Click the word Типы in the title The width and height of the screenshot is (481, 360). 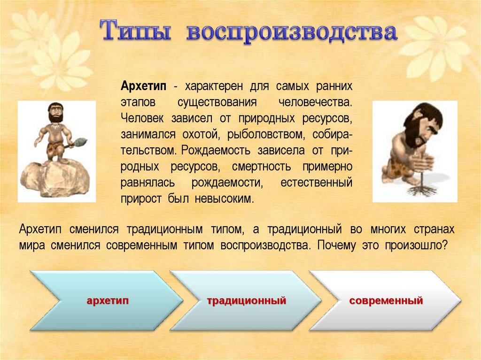click(x=135, y=31)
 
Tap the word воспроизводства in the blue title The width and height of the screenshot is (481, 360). click(x=292, y=32)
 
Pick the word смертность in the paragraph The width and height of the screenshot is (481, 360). click(x=261, y=167)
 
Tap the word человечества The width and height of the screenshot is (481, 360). click(x=315, y=102)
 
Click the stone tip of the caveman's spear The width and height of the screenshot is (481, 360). click(x=81, y=141)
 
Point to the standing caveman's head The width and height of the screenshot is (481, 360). click(x=55, y=112)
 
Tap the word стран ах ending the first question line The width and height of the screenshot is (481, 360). click(x=434, y=230)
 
